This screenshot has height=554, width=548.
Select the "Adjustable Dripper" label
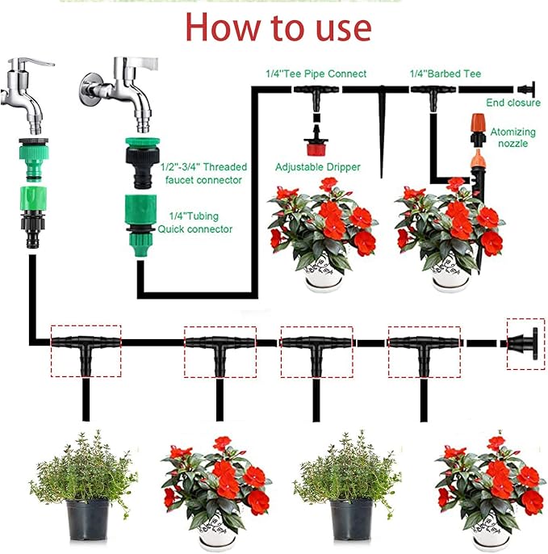coord(317,167)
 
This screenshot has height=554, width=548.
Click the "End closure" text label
coord(513,103)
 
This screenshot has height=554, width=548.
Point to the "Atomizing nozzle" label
coord(509,137)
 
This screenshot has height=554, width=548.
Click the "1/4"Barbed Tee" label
coord(445,73)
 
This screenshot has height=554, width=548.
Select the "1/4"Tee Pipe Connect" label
coord(316,73)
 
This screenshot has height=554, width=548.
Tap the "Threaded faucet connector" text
coord(204,173)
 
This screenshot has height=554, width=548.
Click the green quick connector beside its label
coord(146,216)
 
